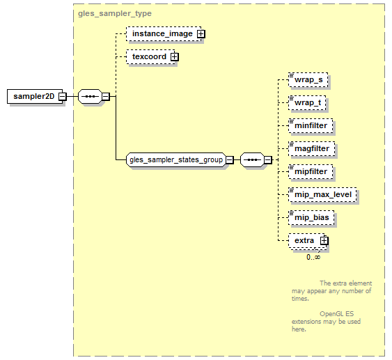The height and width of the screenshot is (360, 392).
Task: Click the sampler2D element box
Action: pyautogui.click(x=35, y=96)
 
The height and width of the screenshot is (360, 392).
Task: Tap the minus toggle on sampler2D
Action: pyautogui.click(x=62, y=97)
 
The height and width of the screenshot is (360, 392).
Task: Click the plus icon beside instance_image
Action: pyautogui.click(x=201, y=34)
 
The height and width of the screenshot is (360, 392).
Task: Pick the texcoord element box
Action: pyautogui.click(x=150, y=56)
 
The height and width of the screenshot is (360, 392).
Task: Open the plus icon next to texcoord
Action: pyautogui.click(x=175, y=56)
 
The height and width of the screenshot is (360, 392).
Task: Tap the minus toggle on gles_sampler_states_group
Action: pyautogui.click(x=230, y=159)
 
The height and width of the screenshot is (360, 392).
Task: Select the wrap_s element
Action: pyautogui.click(x=308, y=80)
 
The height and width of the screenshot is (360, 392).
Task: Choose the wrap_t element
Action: pyautogui.click(x=307, y=103)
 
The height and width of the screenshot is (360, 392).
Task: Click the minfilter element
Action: pyautogui.click(x=311, y=126)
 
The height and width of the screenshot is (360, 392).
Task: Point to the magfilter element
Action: pyautogui.click(x=311, y=149)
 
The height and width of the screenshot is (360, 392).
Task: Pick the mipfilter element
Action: pyautogui.click(x=311, y=172)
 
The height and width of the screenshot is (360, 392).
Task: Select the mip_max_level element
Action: pyautogui.click(x=322, y=195)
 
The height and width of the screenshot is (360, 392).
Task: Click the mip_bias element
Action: pyautogui.click(x=311, y=218)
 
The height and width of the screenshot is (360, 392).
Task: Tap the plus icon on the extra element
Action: pyautogui.click(x=324, y=240)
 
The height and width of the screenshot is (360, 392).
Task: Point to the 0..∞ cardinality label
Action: pyautogui.click(x=313, y=257)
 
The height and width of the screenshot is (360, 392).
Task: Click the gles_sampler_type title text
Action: pyautogui.click(x=115, y=13)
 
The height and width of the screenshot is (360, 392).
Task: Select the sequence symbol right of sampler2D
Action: pyautogui.click(x=90, y=97)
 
